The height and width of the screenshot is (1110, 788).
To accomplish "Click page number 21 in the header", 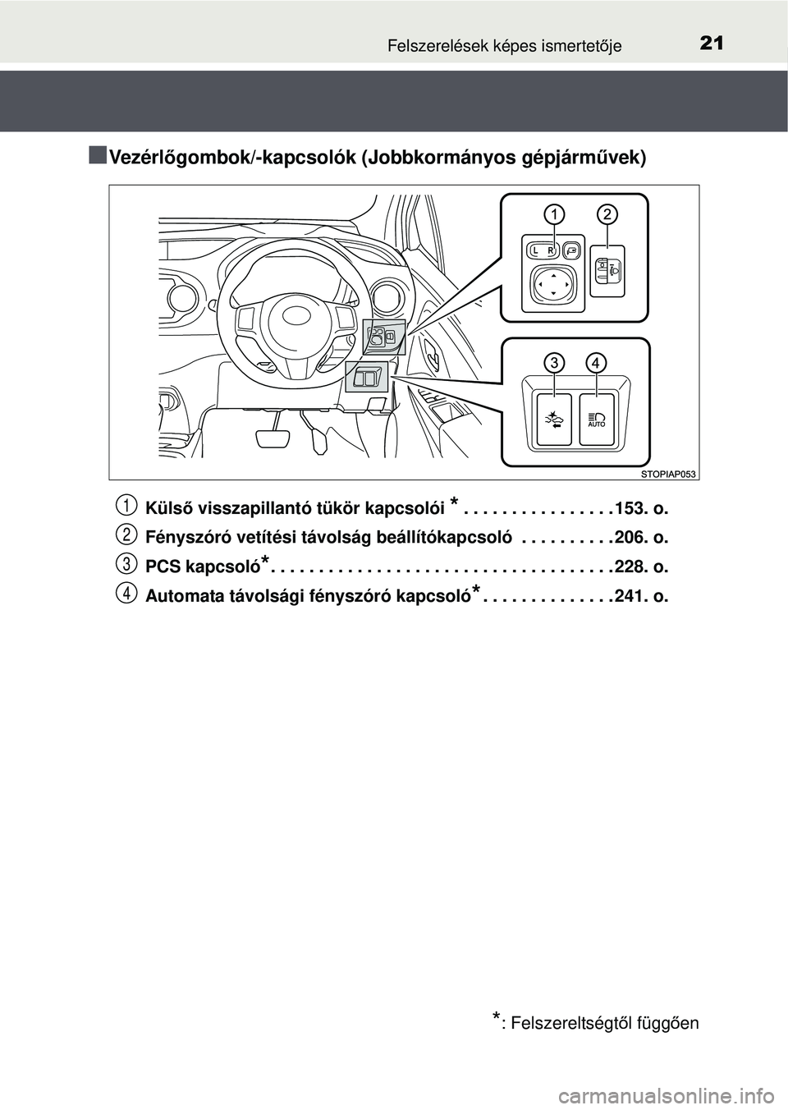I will (x=712, y=42).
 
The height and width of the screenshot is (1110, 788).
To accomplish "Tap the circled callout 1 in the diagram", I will (x=555, y=214).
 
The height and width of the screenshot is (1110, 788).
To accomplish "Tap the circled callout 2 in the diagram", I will (x=607, y=214).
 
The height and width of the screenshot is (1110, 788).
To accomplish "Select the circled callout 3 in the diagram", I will (x=556, y=362).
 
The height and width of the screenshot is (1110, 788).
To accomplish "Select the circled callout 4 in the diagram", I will (x=597, y=362).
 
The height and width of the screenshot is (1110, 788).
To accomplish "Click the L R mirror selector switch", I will (x=542, y=250).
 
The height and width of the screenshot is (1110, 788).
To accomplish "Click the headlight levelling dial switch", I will (x=607, y=270).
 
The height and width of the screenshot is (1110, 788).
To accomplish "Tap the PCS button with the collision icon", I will (x=554, y=420).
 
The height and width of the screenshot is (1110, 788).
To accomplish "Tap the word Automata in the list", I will (x=181, y=597).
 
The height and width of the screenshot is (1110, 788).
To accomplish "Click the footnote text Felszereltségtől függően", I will (x=604, y=1023).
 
